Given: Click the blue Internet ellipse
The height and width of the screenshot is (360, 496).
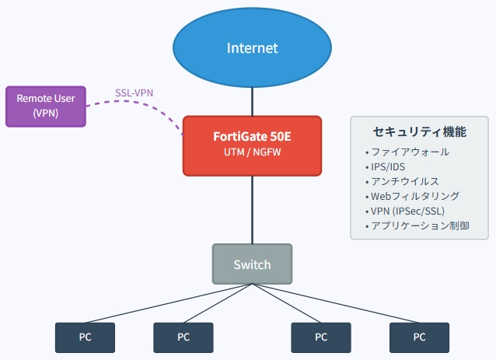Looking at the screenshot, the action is point(252,47).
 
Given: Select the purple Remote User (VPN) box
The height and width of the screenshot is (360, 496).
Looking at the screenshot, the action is point(46,107).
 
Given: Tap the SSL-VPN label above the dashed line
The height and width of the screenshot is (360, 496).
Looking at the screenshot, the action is point(134,93).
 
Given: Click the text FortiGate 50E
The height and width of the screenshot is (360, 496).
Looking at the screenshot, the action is point(252,137).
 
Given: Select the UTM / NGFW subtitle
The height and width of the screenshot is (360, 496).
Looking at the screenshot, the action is point(252,152).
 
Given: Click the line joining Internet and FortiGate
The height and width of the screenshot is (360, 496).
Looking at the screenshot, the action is point(252,102).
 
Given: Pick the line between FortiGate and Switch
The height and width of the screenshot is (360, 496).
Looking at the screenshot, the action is point(252,210).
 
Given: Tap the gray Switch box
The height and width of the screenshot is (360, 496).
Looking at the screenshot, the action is point(252,264).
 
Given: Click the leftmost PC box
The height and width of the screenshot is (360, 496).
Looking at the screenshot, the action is point(85,337).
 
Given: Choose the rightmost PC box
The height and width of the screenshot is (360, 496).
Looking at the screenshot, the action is point(420,337).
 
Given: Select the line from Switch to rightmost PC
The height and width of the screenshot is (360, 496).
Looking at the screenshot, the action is point(336,303).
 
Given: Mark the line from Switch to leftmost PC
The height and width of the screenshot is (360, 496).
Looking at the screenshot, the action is point(169,303).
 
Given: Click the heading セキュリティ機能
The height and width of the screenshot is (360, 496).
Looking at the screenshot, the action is point(420,131).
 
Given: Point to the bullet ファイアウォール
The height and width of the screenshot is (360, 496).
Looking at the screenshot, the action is point(407,152).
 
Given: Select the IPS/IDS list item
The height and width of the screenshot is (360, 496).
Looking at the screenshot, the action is point(386,166).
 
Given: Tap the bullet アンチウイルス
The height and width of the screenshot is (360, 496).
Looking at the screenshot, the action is point(403,181).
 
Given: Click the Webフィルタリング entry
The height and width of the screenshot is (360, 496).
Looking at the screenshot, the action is point(413,196).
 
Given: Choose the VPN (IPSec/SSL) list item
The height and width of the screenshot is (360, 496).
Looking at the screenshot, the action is point(405,211).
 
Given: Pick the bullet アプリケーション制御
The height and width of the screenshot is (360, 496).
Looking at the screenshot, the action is point(417,225).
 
